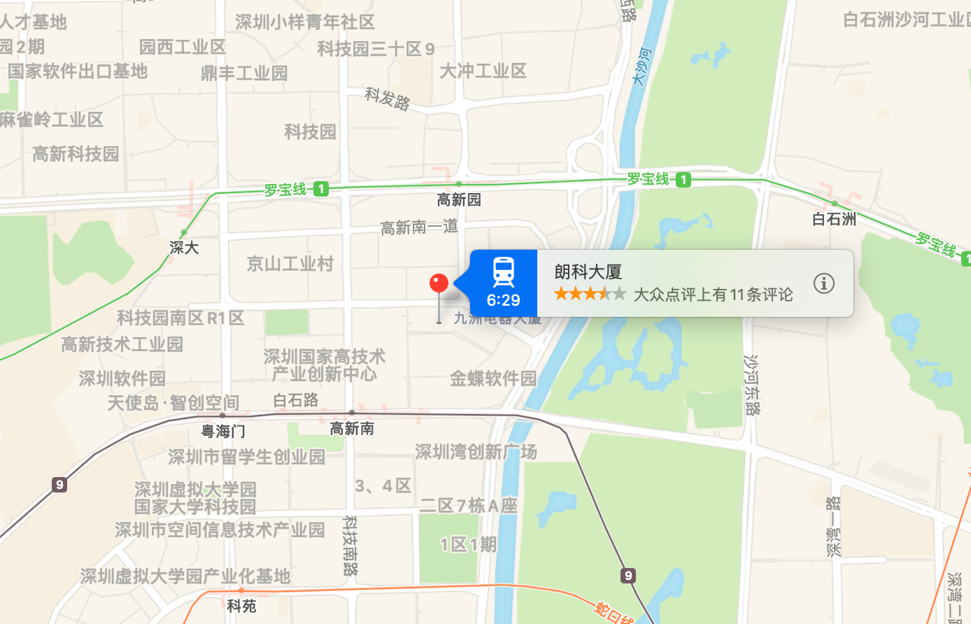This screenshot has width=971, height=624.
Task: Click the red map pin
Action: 439,283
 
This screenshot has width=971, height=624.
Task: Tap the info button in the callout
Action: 823,283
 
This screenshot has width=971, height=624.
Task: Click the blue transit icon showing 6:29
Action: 504,283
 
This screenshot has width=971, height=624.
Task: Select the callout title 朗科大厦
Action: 588,271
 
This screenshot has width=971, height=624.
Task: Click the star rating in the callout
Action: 590,294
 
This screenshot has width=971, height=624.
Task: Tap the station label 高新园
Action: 459,200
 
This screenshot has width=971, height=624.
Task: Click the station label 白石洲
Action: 834,219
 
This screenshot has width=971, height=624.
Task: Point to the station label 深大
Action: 184,248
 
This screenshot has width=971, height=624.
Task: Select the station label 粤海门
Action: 223,431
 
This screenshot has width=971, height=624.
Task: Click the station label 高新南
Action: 352,428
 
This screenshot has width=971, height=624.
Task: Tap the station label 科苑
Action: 242,606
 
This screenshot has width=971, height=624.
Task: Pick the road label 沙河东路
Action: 751,385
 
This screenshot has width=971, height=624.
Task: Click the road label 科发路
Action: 388,99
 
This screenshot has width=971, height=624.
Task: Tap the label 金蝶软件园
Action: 492,378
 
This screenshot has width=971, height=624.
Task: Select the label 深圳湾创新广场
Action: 476,452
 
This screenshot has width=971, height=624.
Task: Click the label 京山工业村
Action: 290,264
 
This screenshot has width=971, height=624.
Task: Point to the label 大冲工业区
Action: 483,71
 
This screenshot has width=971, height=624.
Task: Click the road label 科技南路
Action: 350,546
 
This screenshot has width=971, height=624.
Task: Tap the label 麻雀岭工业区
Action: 50,120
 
